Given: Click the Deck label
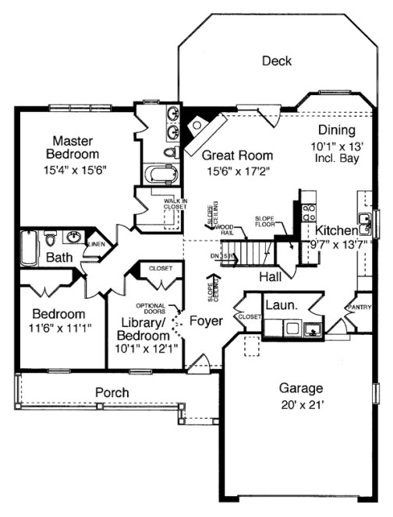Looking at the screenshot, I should click(277, 61).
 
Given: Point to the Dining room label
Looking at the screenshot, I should click(336, 130).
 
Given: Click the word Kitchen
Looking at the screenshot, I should click(336, 230).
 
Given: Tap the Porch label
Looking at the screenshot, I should click(112, 392).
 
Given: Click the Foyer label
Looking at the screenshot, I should click(205, 321).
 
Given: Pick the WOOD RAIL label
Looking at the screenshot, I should click(228, 230).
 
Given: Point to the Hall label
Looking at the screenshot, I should click(271, 276).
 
